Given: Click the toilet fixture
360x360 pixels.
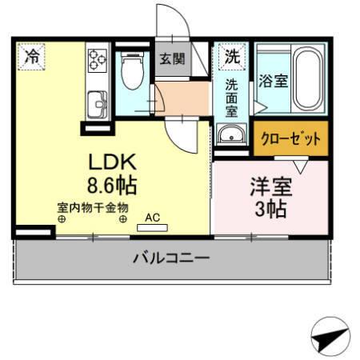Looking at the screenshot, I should pyautogui.click(x=130, y=73).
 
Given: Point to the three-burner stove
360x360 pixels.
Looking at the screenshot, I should pyautogui.click(x=98, y=59).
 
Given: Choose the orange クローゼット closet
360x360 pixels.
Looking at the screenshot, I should pyautogui.click(x=290, y=138).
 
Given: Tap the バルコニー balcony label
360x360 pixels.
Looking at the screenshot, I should pyautogui.click(x=170, y=258).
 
